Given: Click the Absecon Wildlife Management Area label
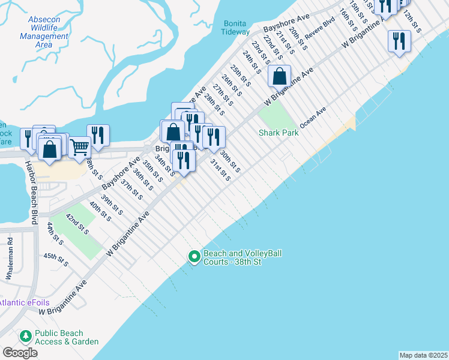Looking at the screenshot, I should (x=44, y=32).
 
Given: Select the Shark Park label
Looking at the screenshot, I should (x=279, y=133).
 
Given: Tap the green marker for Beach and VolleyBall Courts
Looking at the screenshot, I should (x=194, y=257).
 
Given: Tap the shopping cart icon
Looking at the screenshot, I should (x=79, y=146).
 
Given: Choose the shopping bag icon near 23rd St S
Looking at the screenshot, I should (x=279, y=76).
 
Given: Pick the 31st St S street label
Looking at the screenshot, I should (x=220, y=169).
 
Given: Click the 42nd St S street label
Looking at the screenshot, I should (x=77, y=224).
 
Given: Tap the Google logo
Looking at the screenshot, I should (x=20, y=353).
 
